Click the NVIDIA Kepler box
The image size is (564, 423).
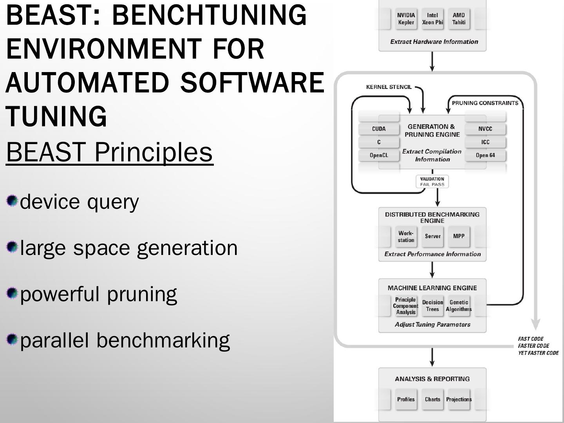(406, 19)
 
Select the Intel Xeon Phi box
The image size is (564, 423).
(432, 19)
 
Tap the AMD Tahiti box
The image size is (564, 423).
(459, 19)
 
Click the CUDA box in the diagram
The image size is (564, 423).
(379, 129)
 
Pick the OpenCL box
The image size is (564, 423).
(379, 155)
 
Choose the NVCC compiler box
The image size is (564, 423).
(485, 129)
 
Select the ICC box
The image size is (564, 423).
(485, 142)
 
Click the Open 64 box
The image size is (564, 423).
(485, 155)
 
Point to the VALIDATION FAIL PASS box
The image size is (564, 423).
(432, 182)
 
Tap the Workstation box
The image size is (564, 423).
(406, 237)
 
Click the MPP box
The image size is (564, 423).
(459, 236)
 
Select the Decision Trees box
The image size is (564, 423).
(432, 306)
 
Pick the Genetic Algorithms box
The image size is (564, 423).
(459, 306)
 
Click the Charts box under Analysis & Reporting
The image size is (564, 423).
(432, 399)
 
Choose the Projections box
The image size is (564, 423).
(459, 399)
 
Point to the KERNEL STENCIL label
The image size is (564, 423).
(389, 87)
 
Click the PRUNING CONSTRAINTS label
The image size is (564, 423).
(485, 103)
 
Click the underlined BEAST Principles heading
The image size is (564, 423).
(109, 152)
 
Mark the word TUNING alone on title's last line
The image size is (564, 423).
(56, 116)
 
